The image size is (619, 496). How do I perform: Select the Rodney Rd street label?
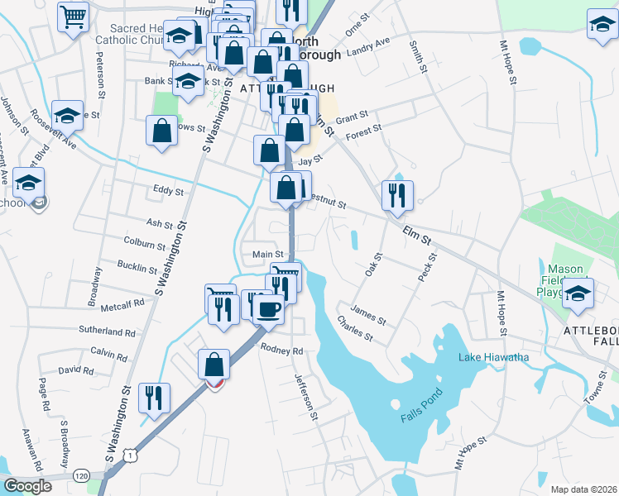[x=282, y=350]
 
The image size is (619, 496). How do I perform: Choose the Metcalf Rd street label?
[x=122, y=303]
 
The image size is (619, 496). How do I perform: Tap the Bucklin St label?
[x=137, y=268]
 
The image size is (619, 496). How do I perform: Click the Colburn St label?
[x=144, y=244]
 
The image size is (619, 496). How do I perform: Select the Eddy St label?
[x=168, y=191]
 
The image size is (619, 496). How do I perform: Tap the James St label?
[x=368, y=314]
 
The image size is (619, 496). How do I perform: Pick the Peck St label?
[x=427, y=267]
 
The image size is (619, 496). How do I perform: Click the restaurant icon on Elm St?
[x=397, y=195]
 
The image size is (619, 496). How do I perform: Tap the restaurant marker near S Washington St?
[x=154, y=398]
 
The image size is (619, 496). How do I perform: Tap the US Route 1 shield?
[x=129, y=455]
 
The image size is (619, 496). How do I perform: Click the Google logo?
[x=28, y=486]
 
